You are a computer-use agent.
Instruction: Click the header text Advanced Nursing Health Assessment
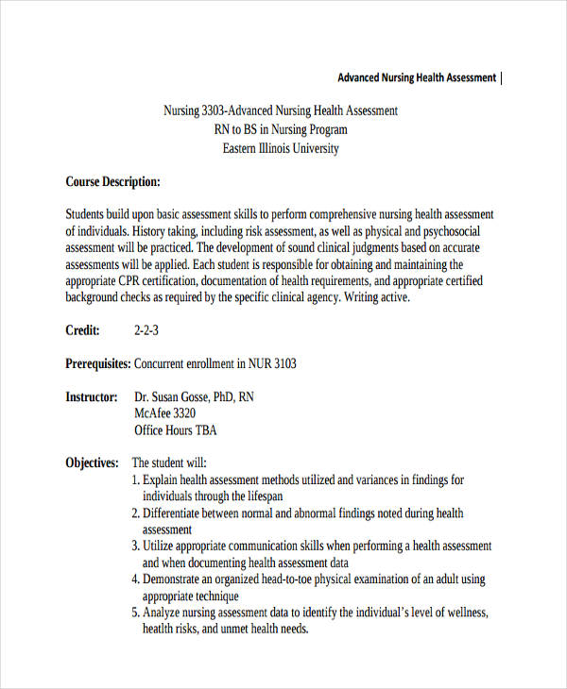416,77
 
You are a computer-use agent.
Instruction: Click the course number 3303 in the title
215,110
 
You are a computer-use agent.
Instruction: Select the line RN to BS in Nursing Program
281,129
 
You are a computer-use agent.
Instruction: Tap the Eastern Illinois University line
280,148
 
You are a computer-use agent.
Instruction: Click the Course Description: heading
112,181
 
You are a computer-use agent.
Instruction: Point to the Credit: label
82,330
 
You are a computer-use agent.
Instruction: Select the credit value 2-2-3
146,330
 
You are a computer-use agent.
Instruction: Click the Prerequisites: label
97,363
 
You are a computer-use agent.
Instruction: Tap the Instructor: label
92,397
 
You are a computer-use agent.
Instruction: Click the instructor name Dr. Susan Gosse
180,397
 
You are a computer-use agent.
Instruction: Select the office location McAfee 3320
165,413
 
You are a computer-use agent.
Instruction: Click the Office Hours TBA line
176,430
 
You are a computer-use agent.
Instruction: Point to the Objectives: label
92,462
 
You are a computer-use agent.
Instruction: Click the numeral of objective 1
135,479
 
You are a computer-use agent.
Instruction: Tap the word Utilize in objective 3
161,546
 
